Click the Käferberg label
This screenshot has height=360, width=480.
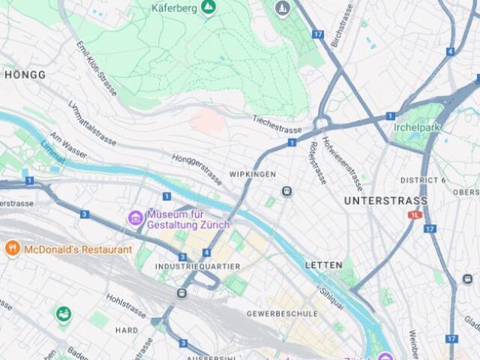click(174, 8)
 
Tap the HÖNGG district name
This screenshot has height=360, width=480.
click(25, 75)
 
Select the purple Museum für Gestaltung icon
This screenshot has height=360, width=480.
click(136, 218)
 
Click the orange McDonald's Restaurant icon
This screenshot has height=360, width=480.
click(12, 248)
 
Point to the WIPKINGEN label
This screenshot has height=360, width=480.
click(248, 174)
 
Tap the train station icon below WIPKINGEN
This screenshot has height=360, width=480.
click(286, 192)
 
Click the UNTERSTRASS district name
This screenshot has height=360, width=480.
click(385, 201)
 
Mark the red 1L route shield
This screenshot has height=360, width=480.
click(414, 214)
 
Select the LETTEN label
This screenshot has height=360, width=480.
click(323, 265)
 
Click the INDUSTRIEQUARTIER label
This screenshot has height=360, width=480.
click(197, 266)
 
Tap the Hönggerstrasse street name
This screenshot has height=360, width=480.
click(197, 169)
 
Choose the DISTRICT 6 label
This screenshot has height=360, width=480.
click(423, 180)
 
